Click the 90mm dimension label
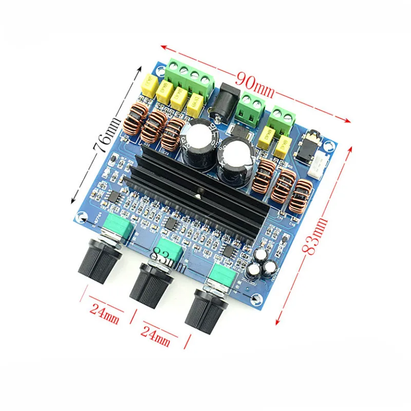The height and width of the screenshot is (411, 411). click(x=255, y=82)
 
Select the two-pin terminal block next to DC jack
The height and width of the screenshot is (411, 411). click(x=252, y=109)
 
